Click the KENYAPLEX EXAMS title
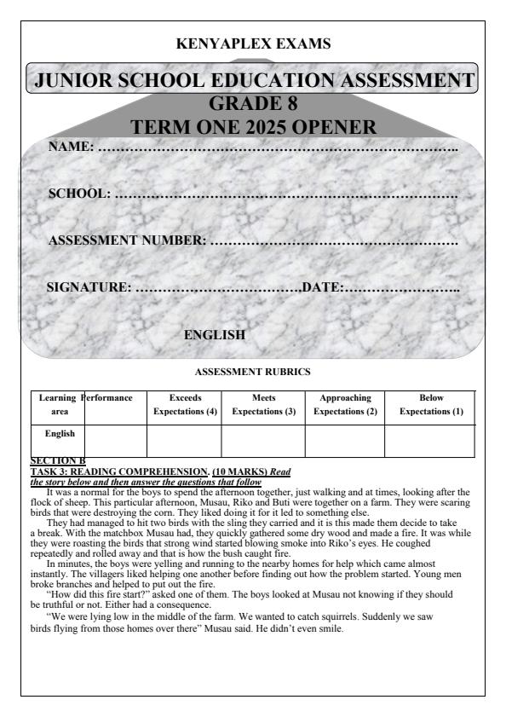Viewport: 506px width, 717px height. click(253, 43)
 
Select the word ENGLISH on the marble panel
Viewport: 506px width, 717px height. click(215, 335)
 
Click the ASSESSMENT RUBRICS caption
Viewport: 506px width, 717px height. click(252, 373)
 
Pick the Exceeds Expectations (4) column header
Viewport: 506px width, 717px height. click(185, 404)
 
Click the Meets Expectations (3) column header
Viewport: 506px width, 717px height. click(263, 404)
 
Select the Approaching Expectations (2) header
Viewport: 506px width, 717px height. click(344, 404)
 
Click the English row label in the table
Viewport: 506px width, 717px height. click(59, 433)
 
